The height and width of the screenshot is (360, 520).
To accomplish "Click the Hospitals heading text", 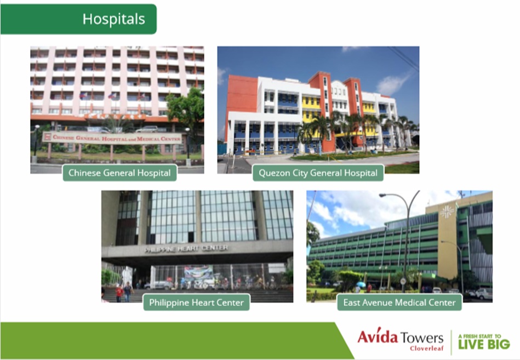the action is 114,19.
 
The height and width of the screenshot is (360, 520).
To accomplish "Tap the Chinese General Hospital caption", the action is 119,173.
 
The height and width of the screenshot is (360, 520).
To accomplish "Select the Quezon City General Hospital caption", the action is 318,173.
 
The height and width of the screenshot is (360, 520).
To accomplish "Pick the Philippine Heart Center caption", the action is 196,302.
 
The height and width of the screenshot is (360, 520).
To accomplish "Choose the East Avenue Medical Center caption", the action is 399,302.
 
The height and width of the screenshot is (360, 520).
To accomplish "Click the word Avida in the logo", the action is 378,337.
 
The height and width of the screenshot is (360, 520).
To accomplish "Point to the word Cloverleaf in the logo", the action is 426,348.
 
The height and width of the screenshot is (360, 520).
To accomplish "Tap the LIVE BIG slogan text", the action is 484,344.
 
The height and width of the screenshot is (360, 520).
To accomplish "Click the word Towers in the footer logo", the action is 421,338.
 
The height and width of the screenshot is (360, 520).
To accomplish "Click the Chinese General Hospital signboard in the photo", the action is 112,138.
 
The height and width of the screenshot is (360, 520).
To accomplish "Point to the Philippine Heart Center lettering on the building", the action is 186,249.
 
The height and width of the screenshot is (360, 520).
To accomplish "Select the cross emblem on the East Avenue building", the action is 447,212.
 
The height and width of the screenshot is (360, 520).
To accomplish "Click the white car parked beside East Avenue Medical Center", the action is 484,293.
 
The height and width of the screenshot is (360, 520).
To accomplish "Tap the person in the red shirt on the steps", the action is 119,294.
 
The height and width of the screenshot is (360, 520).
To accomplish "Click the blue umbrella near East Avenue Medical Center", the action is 361,284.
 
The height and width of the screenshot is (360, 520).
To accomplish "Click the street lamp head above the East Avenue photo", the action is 385,195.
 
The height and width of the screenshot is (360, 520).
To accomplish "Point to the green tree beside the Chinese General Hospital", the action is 185,110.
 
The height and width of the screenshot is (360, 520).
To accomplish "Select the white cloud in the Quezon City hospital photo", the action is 392,84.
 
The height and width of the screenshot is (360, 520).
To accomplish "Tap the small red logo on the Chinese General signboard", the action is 48,136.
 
